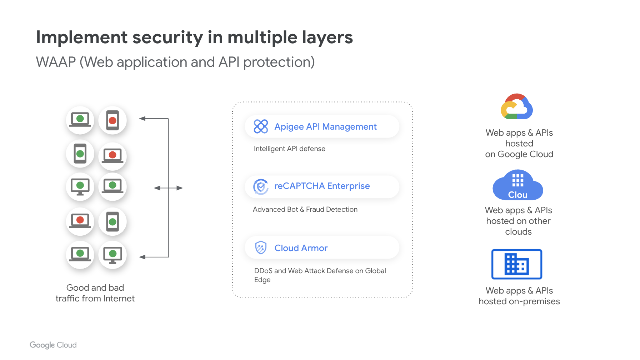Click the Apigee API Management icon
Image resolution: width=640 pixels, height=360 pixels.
point(261,126)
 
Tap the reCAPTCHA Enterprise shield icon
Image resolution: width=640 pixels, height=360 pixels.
point(261,186)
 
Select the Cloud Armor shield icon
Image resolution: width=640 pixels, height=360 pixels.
point(261,247)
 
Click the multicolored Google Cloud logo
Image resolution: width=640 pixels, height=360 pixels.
point(517,107)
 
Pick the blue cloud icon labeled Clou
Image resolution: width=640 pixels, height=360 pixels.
point(517,186)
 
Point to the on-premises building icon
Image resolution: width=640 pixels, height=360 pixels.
point(516,264)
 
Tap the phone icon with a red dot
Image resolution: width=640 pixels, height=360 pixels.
point(112,120)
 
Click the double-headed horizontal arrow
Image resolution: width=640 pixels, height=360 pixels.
point(168,188)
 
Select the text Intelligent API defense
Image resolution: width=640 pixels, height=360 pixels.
point(289,149)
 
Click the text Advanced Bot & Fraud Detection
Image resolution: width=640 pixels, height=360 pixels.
point(305,209)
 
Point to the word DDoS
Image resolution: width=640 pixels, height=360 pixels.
point(263,271)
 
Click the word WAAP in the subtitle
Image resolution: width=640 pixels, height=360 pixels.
point(56,62)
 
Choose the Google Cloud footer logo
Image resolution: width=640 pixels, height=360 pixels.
point(53,345)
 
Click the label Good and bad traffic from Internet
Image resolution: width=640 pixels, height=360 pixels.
point(95,293)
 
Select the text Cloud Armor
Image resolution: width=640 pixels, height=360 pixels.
point(301,248)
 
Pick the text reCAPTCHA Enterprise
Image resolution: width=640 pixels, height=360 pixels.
point(322,186)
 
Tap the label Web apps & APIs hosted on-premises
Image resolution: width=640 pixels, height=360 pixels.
point(519,296)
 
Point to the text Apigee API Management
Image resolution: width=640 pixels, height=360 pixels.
point(325,127)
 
